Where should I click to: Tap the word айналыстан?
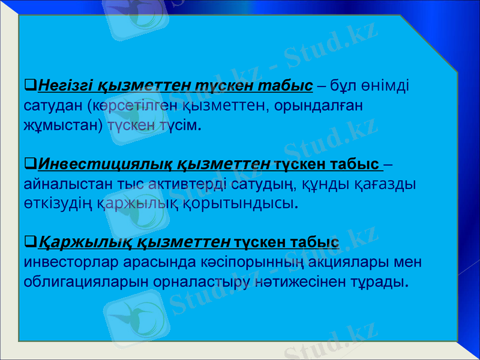click(x=60, y=183)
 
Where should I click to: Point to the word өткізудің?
click(x=58, y=203)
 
